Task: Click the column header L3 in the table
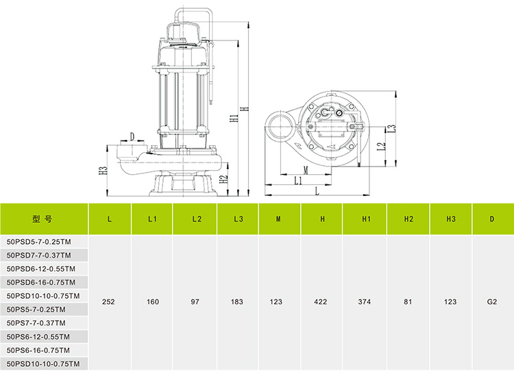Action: coord(238,219)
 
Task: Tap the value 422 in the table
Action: coord(322,301)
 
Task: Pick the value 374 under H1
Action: coord(366,301)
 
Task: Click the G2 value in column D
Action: coord(491,301)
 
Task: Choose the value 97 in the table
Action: coord(196,301)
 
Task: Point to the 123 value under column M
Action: coord(279,301)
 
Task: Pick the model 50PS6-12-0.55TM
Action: coord(40,337)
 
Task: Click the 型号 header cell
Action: coord(42,219)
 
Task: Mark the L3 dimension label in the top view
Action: coord(392,127)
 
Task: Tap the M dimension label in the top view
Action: coord(306,169)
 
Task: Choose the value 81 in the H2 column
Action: coord(408,301)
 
